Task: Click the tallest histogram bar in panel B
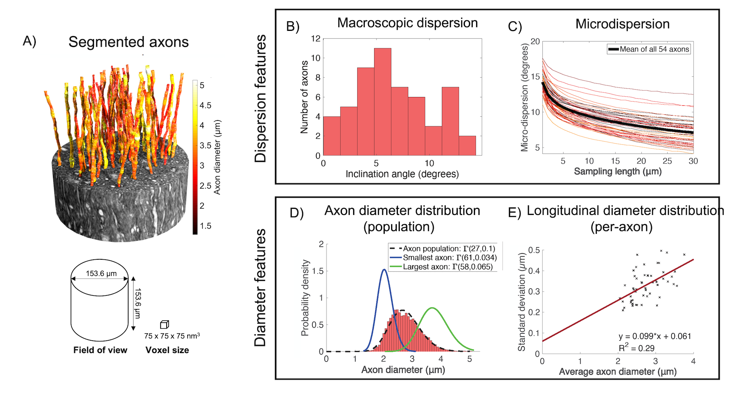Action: [382, 102]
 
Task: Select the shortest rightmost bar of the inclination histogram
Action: [467, 146]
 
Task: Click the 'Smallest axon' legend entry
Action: [449, 258]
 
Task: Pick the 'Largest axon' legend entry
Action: [447, 267]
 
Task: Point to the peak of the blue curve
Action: [384, 269]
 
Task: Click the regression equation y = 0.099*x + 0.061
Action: [655, 336]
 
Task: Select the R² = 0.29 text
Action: [636, 348]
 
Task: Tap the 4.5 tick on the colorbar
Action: [205, 105]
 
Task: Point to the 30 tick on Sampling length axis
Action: [693, 161]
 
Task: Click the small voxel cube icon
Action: [164, 324]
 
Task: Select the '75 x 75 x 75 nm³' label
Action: [172, 336]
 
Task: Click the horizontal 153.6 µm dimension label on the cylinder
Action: [101, 274]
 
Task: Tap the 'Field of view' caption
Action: [100, 350]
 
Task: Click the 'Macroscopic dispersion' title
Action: [407, 23]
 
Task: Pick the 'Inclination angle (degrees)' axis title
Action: [402, 174]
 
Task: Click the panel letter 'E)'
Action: [514, 213]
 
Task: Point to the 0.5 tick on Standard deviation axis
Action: [534, 250]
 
